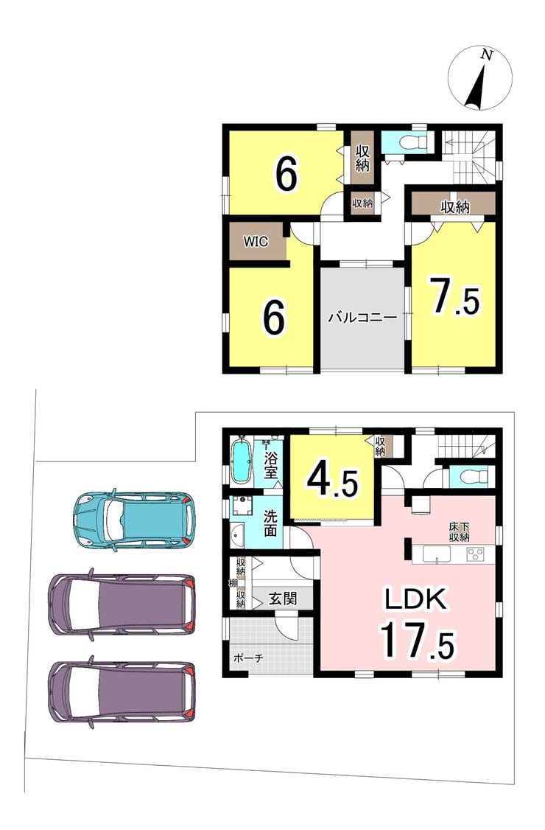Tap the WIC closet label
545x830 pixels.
(256, 242)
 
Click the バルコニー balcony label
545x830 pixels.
(362, 318)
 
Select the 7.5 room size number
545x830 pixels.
(455, 297)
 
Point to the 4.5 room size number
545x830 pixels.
(334, 478)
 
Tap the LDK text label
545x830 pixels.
(417, 600)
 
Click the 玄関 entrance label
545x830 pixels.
(283, 599)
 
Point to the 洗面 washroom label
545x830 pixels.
(270, 523)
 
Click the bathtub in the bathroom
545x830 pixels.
(242, 459)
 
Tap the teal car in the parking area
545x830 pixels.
(135, 520)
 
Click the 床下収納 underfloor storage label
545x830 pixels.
(460, 532)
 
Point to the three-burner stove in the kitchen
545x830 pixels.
(476, 554)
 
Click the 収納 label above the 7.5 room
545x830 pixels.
(455, 207)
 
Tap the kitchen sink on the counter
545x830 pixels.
(436, 554)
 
